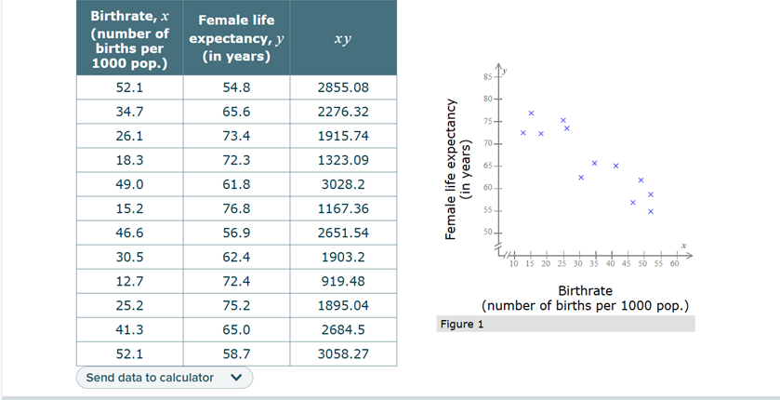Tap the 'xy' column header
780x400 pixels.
coord(343,39)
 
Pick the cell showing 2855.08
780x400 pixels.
coord(343,87)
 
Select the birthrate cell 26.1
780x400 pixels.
coord(129,136)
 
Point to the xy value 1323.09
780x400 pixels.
coord(343,160)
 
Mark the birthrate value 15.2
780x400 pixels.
coord(129,208)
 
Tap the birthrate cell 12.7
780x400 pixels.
coord(129,281)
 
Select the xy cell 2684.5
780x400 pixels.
coord(343,329)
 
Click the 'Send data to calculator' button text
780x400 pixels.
coord(150,378)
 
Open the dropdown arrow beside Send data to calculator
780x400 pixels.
coord(235,378)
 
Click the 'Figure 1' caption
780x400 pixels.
coord(462,325)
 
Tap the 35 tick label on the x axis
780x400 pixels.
coord(596,263)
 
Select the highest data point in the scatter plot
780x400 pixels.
coord(531,113)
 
